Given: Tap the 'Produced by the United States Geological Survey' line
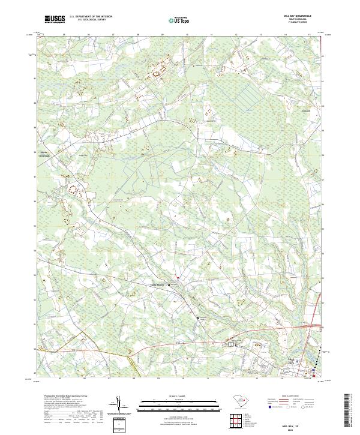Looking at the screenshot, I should pos(63,397).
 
